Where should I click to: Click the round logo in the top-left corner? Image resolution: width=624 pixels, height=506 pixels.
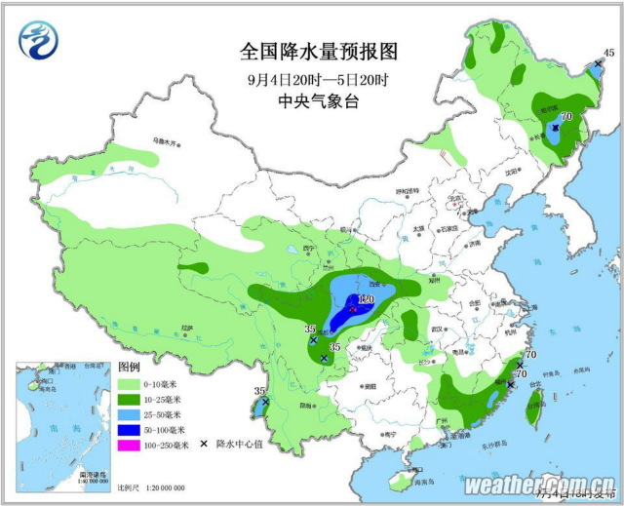pos(39,41)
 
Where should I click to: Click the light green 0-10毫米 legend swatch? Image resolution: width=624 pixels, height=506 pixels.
pos(130,383)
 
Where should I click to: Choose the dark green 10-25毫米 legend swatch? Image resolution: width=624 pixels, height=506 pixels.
pos(130,399)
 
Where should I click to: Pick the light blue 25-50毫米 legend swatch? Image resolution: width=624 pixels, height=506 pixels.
pos(130,414)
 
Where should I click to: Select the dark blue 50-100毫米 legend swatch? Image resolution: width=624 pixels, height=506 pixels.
pos(130,429)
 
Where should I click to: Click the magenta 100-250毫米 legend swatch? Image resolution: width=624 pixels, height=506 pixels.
pos(130,445)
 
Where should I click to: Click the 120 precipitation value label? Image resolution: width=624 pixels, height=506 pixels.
pos(366,298)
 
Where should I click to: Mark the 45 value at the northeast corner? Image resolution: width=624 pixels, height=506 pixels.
pos(608,53)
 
